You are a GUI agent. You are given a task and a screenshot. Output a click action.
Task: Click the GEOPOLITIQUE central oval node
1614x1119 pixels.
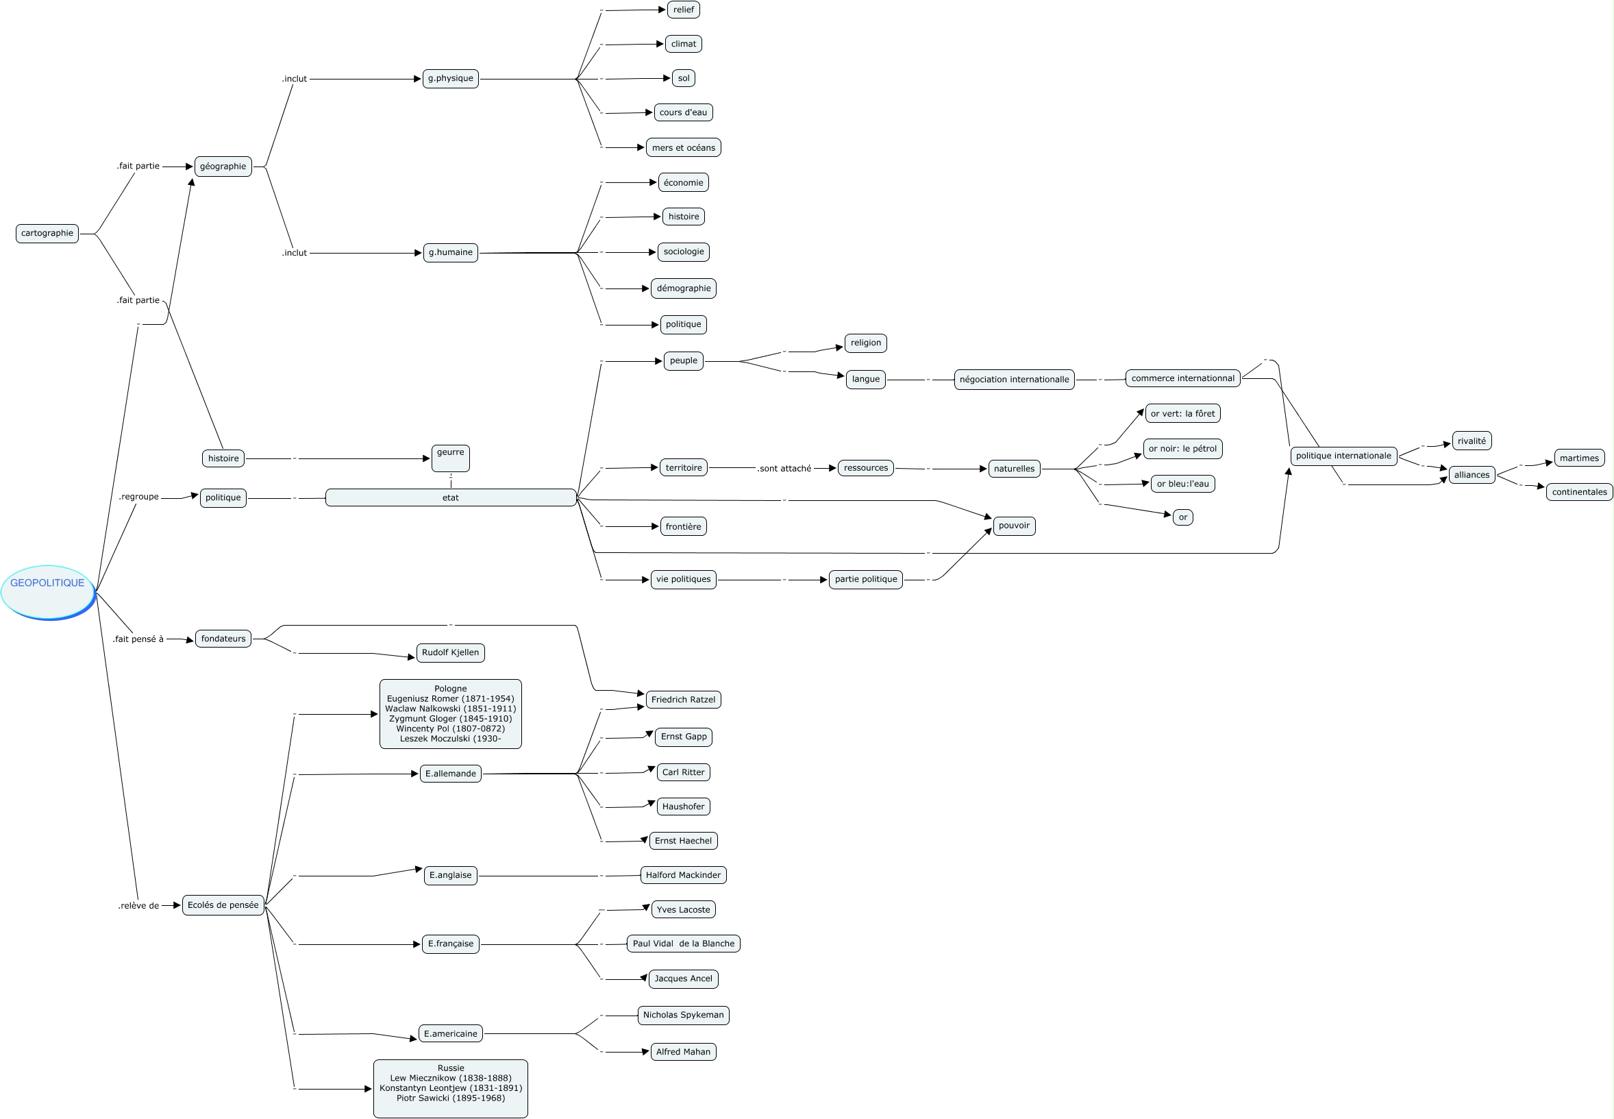pos(48,591)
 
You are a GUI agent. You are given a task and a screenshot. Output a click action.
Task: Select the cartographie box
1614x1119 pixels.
pos(47,234)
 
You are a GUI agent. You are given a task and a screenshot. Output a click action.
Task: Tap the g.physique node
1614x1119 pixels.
pos(451,79)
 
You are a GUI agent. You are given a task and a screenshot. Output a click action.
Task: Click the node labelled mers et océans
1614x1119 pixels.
pos(683,148)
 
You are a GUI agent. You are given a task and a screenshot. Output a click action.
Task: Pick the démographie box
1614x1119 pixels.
pos(683,288)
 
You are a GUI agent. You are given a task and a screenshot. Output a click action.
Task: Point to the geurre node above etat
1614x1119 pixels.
pos(451,458)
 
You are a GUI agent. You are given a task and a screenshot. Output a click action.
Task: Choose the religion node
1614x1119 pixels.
pos(865,343)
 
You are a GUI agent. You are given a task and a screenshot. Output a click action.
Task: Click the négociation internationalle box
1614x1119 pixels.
pos(1014,380)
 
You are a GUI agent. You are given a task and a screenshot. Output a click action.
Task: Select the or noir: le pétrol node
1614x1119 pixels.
pos(1182,449)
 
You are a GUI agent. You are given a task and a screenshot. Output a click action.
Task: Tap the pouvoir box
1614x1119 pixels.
pos(1014,526)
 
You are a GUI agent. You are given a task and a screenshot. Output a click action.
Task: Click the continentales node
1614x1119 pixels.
pos(1579,492)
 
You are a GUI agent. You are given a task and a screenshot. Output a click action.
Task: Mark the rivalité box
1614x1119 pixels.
pos(1471,441)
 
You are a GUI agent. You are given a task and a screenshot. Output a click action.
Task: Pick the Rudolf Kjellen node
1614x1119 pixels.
pos(451,653)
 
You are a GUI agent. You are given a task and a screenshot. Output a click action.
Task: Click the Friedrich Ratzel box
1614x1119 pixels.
pos(683,700)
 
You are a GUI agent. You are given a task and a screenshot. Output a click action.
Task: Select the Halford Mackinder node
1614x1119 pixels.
pos(683,875)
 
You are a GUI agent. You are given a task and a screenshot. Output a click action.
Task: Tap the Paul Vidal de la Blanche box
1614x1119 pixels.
pos(683,944)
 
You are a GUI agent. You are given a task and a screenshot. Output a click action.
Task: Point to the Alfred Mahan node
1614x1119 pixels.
pos(683,1052)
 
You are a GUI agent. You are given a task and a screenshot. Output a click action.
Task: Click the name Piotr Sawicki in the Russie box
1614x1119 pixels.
pos(451,1098)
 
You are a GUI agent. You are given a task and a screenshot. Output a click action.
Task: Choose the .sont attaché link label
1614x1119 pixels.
pos(784,468)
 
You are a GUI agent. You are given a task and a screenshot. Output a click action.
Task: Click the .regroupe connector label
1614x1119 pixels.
pos(139,497)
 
